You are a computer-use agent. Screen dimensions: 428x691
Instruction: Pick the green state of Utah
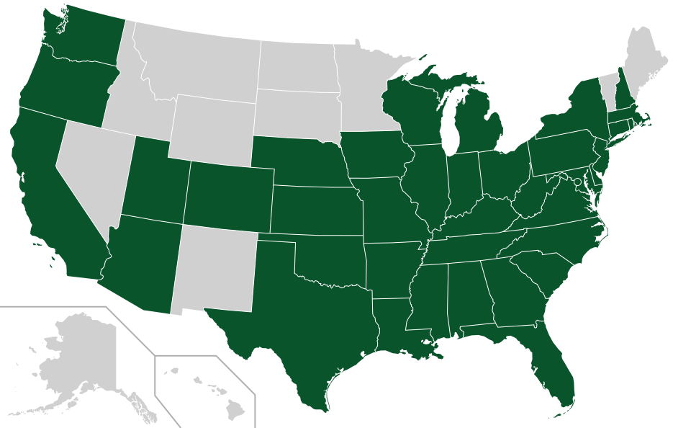155,180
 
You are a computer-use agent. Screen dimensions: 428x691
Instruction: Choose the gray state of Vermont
608,90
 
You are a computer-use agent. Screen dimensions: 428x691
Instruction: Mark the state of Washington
83,40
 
